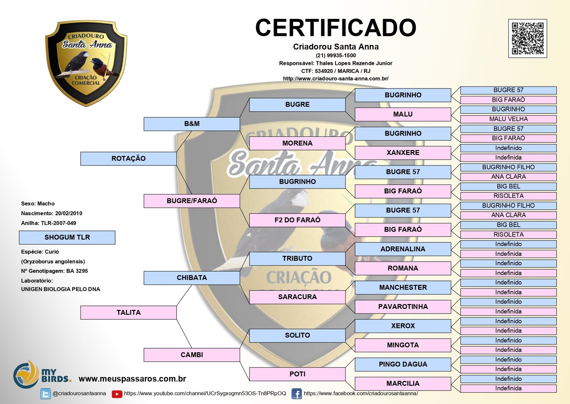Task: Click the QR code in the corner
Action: pyautogui.click(x=528, y=39)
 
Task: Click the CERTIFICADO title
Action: pyautogui.click(x=336, y=28)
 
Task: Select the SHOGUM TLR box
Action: pyautogui.click(x=67, y=237)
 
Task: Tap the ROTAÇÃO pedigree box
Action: pyautogui.click(x=129, y=158)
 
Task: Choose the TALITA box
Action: pyautogui.click(x=129, y=313)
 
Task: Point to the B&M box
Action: pyautogui.click(x=192, y=124)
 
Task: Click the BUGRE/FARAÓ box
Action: pyautogui.click(x=192, y=201)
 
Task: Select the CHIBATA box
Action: pyautogui.click(x=192, y=278)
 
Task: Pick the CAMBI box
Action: pyautogui.click(x=192, y=355)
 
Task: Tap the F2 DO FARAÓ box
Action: pyautogui.click(x=297, y=220)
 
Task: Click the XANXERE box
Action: pyautogui.click(x=403, y=153)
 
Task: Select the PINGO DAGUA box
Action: pyautogui.click(x=403, y=364)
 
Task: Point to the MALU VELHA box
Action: pyautogui.click(x=508, y=119)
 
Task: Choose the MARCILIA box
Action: pyautogui.click(x=403, y=384)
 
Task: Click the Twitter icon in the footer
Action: pyautogui.click(x=46, y=394)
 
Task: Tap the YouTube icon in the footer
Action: pyautogui.click(x=117, y=394)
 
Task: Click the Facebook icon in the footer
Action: pyautogui.click(x=296, y=394)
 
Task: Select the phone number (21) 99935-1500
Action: pyautogui.click(x=336, y=56)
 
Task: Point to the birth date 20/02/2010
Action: pyautogui.click(x=69, y=213)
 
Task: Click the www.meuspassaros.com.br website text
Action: pyautogui.click(x=133, y=379)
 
